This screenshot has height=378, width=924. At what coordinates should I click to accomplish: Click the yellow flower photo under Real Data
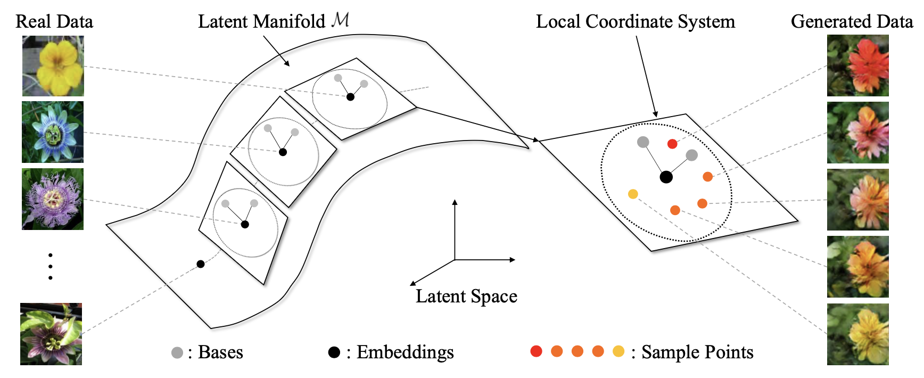pyautogui.click(x=53, y=66)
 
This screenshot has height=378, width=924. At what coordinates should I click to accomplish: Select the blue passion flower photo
pyautogui.click(x=53, y=132)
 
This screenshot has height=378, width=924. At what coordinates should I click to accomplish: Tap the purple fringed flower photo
pyautogui.click(x=53, y=199)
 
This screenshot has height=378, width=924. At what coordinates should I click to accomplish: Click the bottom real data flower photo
pyautogui.click(x=51, y=334)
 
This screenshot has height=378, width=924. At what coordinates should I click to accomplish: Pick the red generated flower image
pyautogui.click(x=857, y=65)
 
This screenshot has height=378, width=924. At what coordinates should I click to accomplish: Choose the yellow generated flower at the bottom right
pyautogui.click(x=857, y=334)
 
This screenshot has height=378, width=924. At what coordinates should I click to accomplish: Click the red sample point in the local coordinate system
pyautogui.click(x=672, y=144)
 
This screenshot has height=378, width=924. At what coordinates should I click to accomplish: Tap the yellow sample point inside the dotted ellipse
pyautogui.click(x=633, y=194)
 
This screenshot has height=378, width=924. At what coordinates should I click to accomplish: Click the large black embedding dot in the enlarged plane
pyautogui.click(x=666, y=177)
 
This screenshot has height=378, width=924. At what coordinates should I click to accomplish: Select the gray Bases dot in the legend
pyautogui.click(x=177, y=352)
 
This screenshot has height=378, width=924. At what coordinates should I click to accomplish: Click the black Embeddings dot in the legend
pyautogui.click(x=334, y=352)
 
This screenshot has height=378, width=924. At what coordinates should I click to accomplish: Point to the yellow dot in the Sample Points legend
pyautogui.click(x=618, y=351)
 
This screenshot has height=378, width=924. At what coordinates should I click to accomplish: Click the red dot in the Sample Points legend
pyautogui.click(x=537, y=351)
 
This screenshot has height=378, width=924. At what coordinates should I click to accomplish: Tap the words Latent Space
pyautogui.click(x=466, y=296)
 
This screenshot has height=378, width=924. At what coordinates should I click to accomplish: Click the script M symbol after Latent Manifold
pyautogui.click(x=340, y=20)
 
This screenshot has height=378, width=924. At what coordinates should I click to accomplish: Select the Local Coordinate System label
pyautogui.click(x=635, y=21)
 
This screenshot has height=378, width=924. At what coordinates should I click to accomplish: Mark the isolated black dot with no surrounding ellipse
pyautogui.click(x=201, y=264)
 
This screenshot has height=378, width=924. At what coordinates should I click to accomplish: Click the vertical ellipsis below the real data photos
pyautogui.click(x=51, y=266)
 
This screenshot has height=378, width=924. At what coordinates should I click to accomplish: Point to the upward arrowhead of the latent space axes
pyautogui.click(x=455, y=202)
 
